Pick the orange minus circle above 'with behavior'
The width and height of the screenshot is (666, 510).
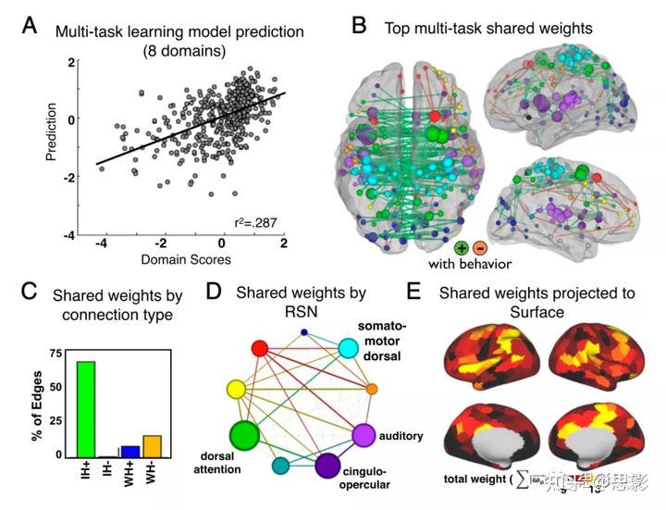coord(479,249)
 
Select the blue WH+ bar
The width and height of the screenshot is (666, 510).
coord(130,451)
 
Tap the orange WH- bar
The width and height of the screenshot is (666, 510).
coord(153,446)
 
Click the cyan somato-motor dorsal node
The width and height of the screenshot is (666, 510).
coord(349,348)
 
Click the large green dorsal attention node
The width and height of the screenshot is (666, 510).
coord(245,434)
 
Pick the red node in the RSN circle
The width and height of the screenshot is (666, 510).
coord(261,348)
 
